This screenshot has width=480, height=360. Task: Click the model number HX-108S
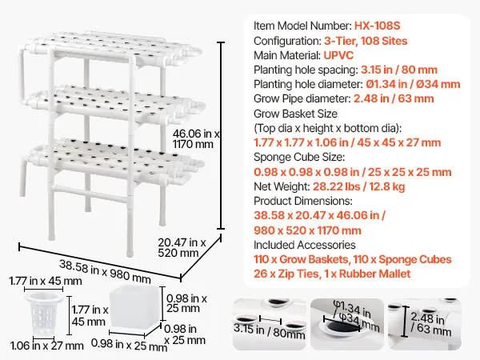pyautogui.click(x=377, y=26)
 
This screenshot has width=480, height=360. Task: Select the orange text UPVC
pyautogui.click(x=338, y=55)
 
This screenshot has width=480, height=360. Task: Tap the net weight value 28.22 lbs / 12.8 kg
pyautogui.click(x=358, y=186)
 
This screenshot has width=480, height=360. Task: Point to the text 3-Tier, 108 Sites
pyautogui.click(x=366, y=41)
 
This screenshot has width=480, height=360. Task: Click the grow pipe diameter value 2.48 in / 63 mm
pyautogui.click(x=394, y=98)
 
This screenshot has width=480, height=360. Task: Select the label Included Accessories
pyautogui.click(x=305, y=245)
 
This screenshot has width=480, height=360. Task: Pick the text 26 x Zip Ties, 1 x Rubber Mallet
pyautogui.click(x=332, y=274)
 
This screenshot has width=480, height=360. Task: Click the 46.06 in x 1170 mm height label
pyautogui.click(x=196, y=139)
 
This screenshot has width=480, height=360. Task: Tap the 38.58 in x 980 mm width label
pyautogui.click(x=105, y=272)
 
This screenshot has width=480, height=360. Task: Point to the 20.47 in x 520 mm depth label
pyautogui.click(x=182, y=248)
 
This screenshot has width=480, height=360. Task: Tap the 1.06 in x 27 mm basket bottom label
pyautogui.click(x=47, y=346)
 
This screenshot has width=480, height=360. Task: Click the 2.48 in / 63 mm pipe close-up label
pyautogui.click(x=430, y=323)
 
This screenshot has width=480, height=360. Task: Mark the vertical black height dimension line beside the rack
pyautogui.click(x=221, y=136)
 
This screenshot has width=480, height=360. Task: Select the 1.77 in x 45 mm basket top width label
pyautogui.click(x=46, y=281)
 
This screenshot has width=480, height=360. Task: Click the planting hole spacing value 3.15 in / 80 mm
pyautogui.click(x=399, y=70)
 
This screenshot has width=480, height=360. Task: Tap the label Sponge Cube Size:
pyautogui.click(x=299, y=157)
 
